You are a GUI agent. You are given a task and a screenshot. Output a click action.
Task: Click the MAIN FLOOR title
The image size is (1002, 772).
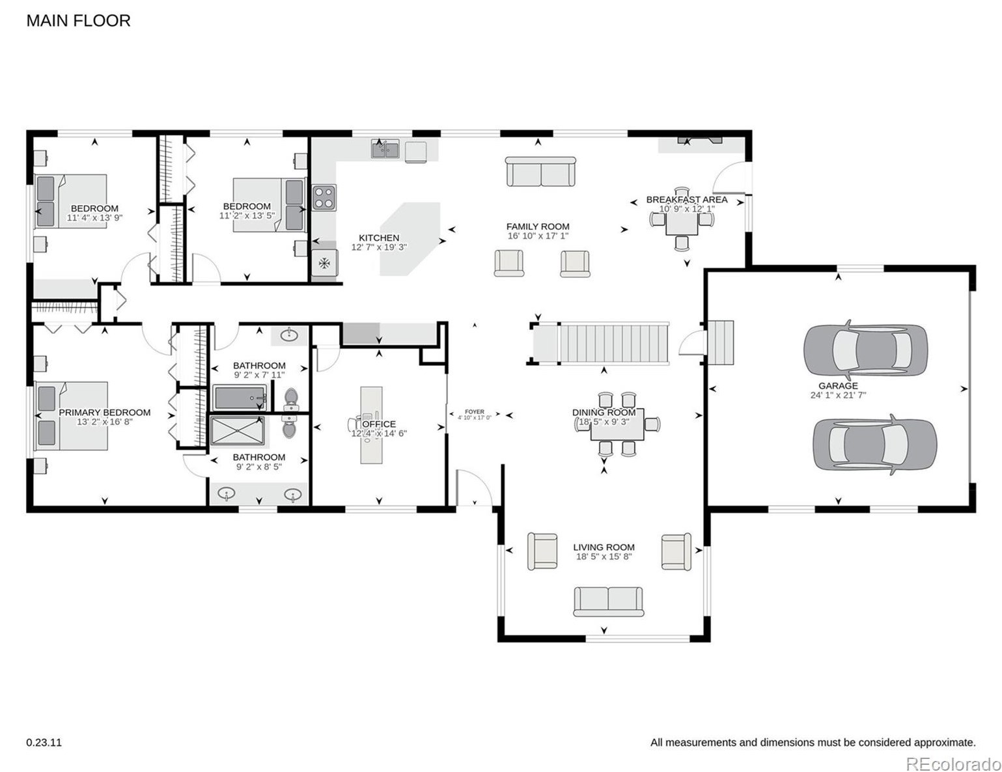tap(78, 21)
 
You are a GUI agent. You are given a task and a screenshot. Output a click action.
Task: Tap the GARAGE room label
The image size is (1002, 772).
tap(838, 386)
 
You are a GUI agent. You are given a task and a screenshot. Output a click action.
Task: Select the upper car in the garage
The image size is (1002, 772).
tap(865, 350)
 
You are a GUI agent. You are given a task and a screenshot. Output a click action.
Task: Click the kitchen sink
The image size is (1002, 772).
tap(385, 150)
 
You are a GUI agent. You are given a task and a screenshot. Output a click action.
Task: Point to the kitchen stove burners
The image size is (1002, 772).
tap(324, 198)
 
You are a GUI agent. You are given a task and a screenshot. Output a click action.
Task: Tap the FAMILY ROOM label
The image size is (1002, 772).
tap(538, 227)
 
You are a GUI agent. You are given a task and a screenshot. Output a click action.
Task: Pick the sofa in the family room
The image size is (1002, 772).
tap(540, 172)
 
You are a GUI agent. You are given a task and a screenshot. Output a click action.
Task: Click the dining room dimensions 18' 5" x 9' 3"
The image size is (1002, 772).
tap(604, 422)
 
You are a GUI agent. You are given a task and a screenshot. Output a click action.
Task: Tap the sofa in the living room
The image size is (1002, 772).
tap(608, 601)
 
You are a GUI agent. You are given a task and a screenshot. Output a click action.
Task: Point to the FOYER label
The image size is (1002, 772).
tap(475, 411)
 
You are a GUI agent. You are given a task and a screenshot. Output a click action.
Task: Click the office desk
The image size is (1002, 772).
tap(372, 425)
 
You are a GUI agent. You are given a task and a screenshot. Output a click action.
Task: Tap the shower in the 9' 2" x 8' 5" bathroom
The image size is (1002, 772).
tap(237, 431)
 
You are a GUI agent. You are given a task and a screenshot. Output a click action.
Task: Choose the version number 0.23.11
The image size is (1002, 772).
tap(44, 742)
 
